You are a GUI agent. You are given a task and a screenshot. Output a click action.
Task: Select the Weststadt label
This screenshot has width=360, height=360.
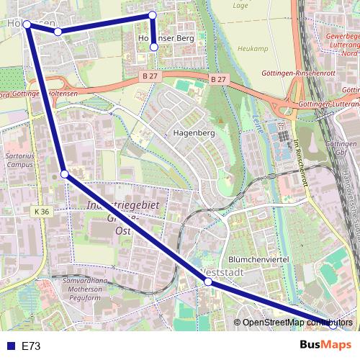220,274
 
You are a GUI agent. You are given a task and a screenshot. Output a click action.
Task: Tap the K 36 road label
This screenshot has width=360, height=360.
41,212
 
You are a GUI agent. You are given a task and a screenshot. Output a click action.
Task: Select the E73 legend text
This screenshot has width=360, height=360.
31,346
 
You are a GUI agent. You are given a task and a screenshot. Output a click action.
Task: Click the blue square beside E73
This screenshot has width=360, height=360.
9,346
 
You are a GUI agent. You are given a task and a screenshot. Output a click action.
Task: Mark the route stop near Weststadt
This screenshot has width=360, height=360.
208,282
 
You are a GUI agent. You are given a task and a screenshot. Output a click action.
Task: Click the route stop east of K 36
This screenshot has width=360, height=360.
64,174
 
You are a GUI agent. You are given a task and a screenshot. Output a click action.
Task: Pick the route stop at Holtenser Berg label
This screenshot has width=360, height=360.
153,48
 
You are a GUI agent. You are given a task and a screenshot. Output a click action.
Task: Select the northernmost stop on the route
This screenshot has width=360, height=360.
152,15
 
